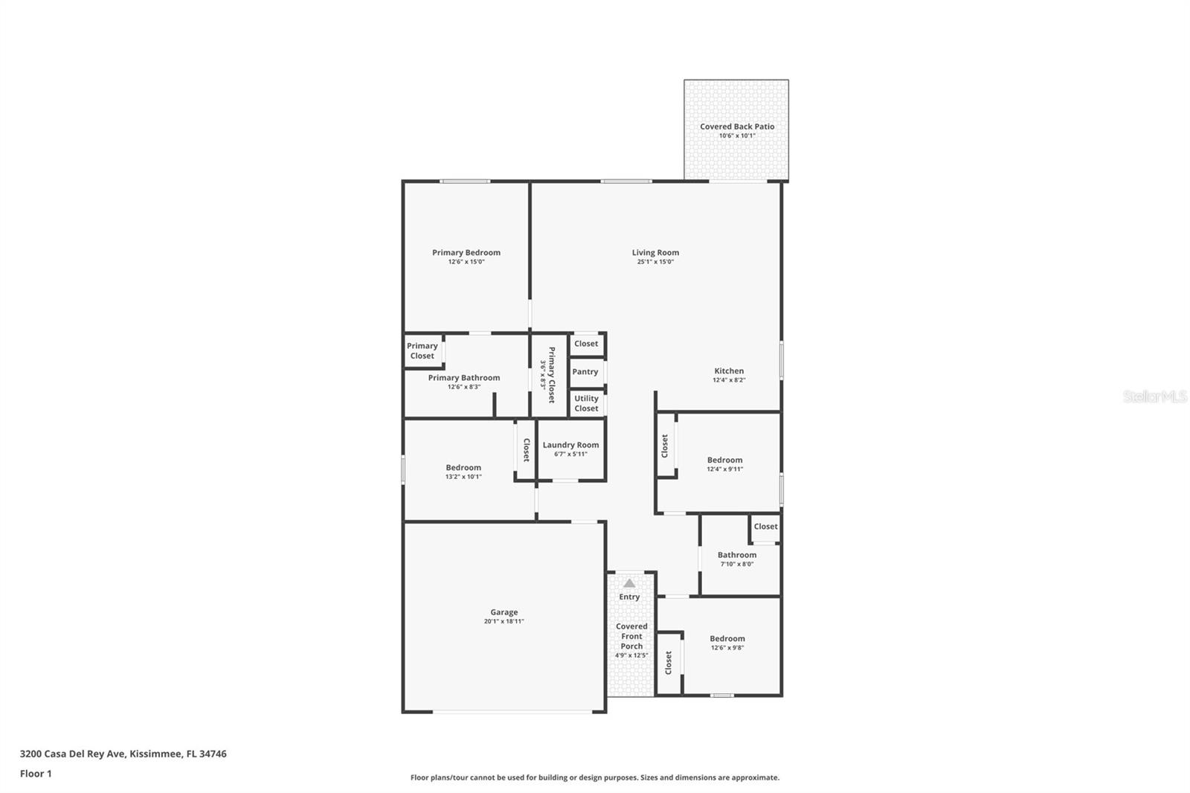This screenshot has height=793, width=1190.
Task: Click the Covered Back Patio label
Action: click(x=736, y=126)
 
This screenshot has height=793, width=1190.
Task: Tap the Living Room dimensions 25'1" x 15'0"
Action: click(x=655, y=262)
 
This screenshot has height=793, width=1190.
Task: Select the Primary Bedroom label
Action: click(x=466, y=253)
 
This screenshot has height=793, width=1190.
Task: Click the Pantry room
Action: click(x=585, y=372)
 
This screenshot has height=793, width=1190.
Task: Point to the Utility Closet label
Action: click(x=586, y=403)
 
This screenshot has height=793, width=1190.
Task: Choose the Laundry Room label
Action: click(x=570, y=445)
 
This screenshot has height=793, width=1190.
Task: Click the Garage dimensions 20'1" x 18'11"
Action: click(x=504, y=621)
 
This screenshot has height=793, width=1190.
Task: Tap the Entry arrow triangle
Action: click(x=629, y=583)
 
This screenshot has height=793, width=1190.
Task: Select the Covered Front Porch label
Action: click(x=631, y=636)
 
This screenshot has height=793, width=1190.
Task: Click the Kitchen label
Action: click(x=729, y=370)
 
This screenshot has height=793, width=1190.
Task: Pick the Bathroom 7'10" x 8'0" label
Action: click(x=736, y=555)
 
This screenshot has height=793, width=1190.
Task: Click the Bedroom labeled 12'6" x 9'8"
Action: click(x=727, y=639)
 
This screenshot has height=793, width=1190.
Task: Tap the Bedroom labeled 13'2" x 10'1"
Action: click(x=463, y=468)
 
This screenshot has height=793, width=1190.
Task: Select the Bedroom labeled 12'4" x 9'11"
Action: click(x=724, y=460)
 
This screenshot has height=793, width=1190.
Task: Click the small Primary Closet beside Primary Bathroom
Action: click(x=422, y=350)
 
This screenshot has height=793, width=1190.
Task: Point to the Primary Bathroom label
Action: click(x=464, y=378)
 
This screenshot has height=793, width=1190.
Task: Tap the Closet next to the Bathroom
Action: click(x=765, y=527)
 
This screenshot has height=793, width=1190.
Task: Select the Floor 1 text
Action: click(x=36, y=774)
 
